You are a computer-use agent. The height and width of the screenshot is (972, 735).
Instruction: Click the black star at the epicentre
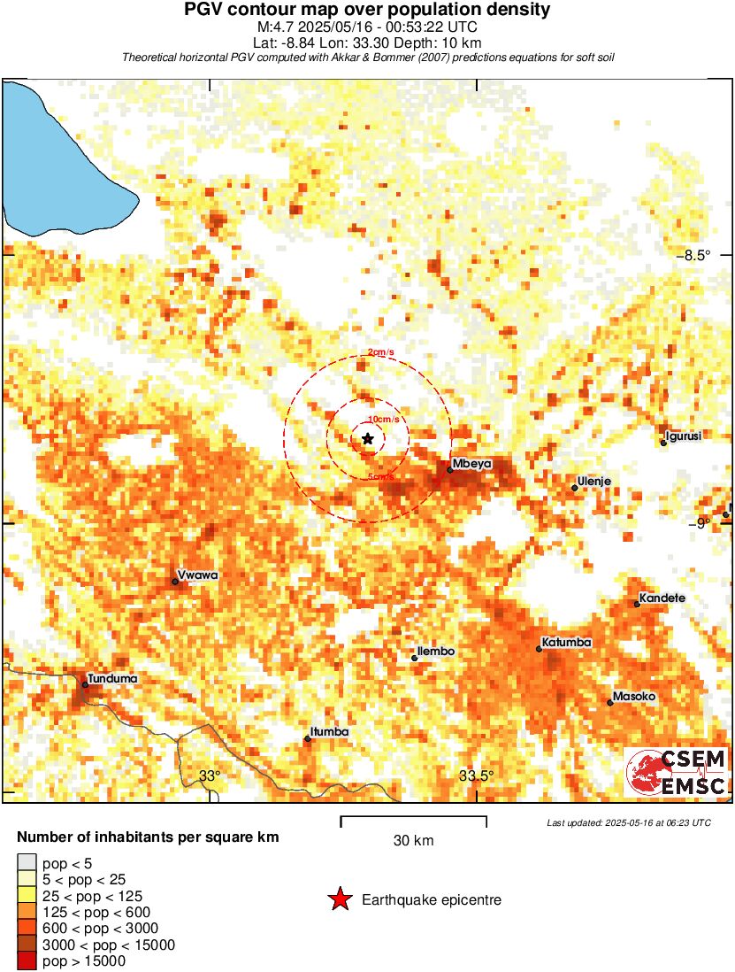(x=368, y=438)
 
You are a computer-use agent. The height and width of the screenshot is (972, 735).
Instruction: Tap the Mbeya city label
(x=471, y=464)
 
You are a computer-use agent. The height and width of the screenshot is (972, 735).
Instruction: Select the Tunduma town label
(x=111, y=679)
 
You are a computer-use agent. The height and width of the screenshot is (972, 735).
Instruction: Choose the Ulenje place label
(x=593, y=482)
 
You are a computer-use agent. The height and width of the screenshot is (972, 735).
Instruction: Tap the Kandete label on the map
(x=662, y=598)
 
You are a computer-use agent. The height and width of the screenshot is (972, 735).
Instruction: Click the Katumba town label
(x=566, y=643)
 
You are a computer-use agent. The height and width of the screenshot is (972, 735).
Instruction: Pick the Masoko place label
(x=634, y=697)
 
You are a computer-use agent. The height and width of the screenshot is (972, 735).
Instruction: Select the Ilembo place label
(x=436, y=652)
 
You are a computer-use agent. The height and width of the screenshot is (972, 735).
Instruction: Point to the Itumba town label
(x=329, y=732)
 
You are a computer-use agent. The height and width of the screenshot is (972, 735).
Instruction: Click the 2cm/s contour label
(x=380, y=352)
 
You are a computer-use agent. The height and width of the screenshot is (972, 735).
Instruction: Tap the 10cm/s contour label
(x=383, y=419)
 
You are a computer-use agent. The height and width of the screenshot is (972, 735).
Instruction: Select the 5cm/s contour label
(x=381, y=478)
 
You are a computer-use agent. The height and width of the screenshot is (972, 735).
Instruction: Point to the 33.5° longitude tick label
(x=477, y=776)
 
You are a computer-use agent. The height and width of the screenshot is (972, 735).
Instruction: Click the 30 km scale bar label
(x=413, y=840)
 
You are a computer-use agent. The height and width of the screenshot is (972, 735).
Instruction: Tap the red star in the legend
(x=340, y=900)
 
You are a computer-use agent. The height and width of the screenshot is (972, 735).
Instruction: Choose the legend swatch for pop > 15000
(x=27, y=960)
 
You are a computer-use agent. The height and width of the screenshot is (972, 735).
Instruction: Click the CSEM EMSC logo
(x=677, y=771)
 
